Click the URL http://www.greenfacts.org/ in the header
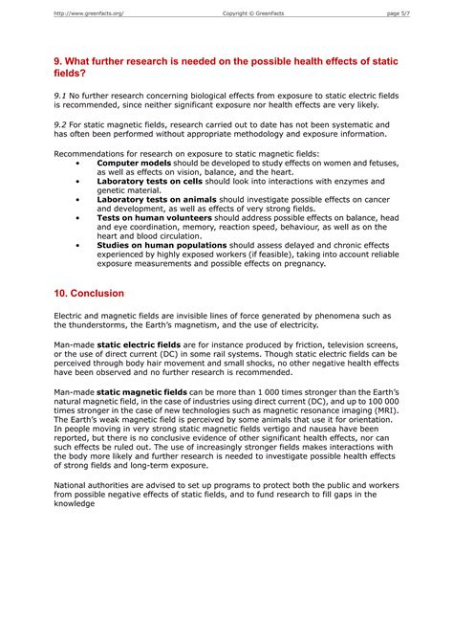(89, 13)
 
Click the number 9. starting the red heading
(58, 61)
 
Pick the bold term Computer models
(134, 164)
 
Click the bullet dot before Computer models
(77, 164)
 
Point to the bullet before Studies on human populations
(77, 245)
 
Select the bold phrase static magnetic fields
(142, 392)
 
